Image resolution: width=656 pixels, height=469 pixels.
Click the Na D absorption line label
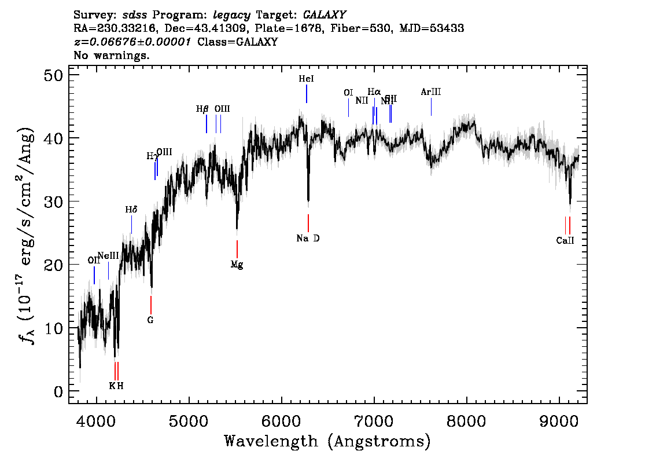point(308,239)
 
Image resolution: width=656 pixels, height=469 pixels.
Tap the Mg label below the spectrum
point(237,265)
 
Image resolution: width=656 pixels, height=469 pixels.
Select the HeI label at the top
point(306,79)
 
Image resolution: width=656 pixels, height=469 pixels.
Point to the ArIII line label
point(431,92)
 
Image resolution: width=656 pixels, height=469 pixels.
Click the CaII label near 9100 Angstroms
point(565,241)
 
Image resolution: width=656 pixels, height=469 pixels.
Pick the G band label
point(150,320)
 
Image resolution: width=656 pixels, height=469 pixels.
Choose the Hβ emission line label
point(202,109)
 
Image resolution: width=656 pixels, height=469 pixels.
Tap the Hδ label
point(131,210)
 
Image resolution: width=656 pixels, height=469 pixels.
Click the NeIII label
point(108,255)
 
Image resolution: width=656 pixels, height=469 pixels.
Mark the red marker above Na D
point(308,223)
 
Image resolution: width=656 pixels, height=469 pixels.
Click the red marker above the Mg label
point(237,249)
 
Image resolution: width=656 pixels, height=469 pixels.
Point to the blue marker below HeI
point(307,94)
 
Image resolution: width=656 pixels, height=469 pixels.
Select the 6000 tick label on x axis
point(282,419)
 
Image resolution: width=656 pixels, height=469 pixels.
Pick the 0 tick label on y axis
point(58,391)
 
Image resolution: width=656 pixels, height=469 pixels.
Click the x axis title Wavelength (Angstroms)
point(327,441)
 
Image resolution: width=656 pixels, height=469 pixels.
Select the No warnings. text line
point(112,56)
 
